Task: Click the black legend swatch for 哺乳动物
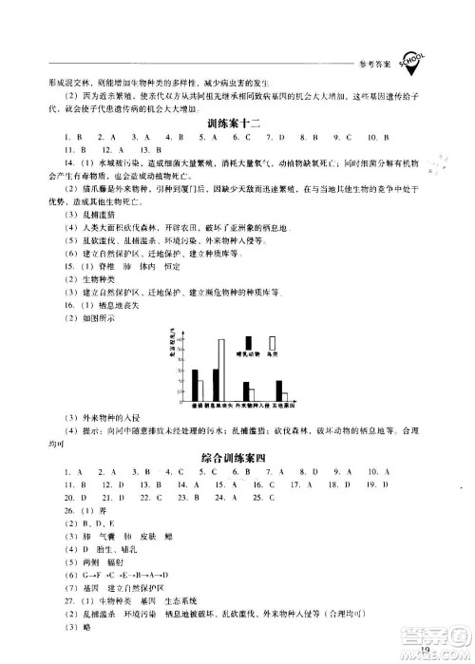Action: (x=249, y=343)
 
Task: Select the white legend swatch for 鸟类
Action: (x=273, y=343)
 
